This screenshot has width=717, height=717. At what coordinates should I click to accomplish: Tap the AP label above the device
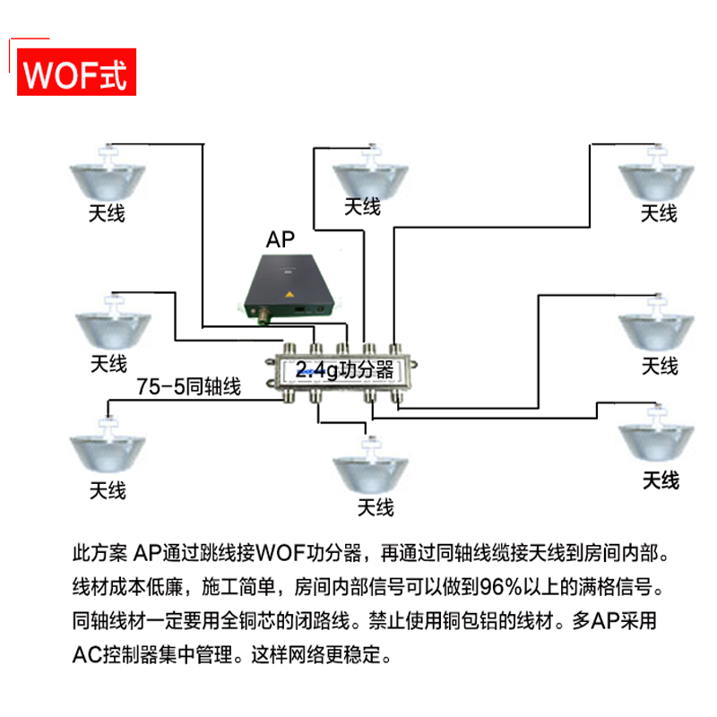[x=281, y=239]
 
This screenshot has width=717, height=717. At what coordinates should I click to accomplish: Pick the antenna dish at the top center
[x=370, y=178]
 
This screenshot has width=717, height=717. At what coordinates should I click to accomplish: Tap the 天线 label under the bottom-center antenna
[x=376, y=508]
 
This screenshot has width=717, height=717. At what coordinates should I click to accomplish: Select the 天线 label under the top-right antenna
[x=658, y=213]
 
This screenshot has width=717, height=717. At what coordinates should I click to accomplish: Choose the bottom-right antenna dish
[x=657, y=438]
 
